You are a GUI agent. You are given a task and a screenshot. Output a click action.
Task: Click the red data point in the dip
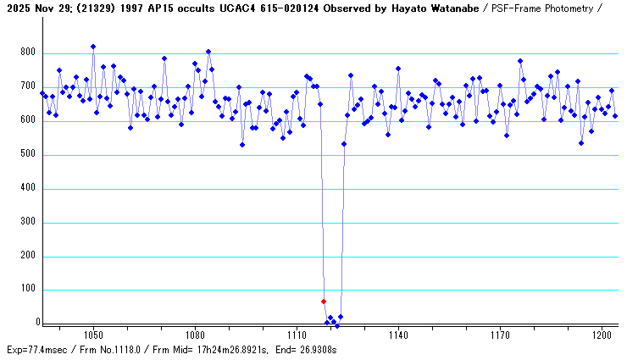324,302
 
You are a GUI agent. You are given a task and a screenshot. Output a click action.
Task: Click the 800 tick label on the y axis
28,53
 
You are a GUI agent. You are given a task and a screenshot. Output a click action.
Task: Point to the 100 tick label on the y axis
28,290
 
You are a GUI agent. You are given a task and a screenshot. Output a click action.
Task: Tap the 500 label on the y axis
28,154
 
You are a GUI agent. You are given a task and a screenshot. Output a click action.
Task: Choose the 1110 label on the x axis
297,335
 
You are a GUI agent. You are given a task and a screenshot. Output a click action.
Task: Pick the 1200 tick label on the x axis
602,335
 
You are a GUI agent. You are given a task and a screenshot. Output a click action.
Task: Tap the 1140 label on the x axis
398,335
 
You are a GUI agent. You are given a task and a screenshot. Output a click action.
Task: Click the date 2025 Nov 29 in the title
40,8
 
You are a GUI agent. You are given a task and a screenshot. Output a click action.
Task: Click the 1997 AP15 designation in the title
150,8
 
